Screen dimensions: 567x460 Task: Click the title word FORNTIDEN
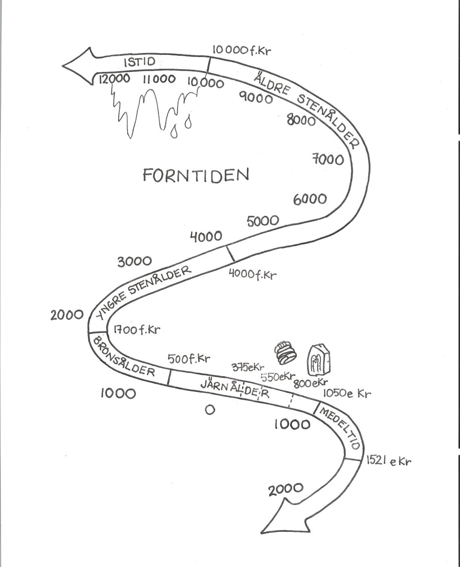(196, 175)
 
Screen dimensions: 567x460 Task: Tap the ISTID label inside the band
(139, 62)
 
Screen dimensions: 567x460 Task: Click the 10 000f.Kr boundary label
(241, 51)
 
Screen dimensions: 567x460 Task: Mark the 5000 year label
(262, 221)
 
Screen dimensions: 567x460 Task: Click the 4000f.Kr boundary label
(253, 274)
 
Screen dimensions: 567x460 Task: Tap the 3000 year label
(134, 261)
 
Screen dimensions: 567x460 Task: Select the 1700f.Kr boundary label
(136, 329)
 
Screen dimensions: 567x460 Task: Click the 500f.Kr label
(189, 359)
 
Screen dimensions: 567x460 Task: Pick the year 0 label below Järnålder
(209, 410)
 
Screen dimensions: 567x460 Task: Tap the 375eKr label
(247, 367)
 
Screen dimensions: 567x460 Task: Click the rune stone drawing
(319, 360)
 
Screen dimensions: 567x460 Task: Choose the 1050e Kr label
(347, 393)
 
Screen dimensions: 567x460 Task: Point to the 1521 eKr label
(389, 461)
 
